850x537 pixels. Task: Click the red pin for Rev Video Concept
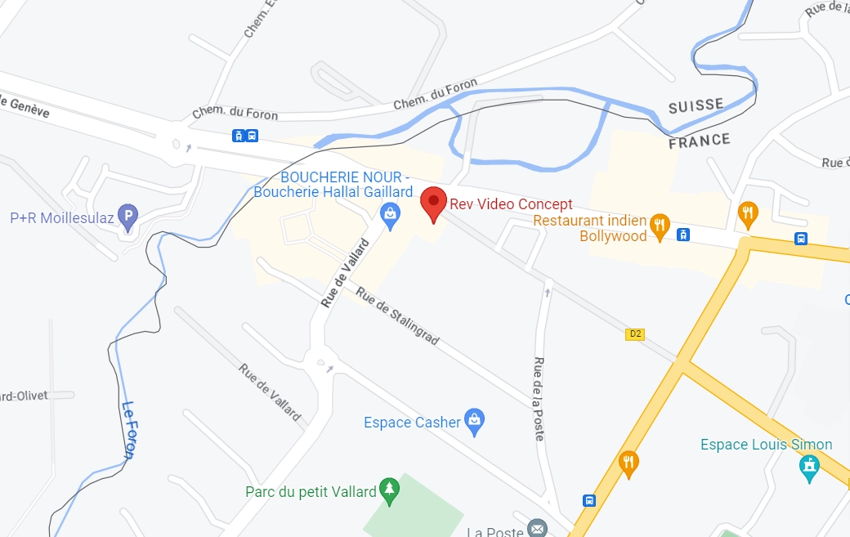pyautogui.click(x=433, y=203)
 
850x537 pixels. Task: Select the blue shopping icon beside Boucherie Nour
pyautogui.click(x=391, y=214)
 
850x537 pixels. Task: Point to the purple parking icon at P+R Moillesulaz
pyautogui.click(x=127, y=217)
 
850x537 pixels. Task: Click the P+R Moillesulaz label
pyautogui.click(x=62, y=218)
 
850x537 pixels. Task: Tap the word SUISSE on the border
pyautogui.click(x=696, y=106)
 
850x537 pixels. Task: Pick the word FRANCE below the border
pyautogui.click(x=699, y=141)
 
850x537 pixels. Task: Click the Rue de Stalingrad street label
pyautogui.click(x=397, y=318)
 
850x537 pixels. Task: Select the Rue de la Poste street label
pyautogui.click(x=539, y=399)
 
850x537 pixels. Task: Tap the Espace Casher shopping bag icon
pyautogui.click(x=474, y=422)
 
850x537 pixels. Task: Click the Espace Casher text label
pyautogui.click(x=412, y=423)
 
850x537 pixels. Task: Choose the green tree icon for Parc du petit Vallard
pyautogui.click(x=390, y=490)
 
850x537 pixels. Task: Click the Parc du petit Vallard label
pyautogui.click(x=311, y=492)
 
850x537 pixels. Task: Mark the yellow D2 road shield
pyautogui.click(x=635, y=333)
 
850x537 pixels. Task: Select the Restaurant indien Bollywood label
pyautogui.click(x=590, y=228)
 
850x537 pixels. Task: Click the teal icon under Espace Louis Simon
pyautogui.click(x=809, y=468)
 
